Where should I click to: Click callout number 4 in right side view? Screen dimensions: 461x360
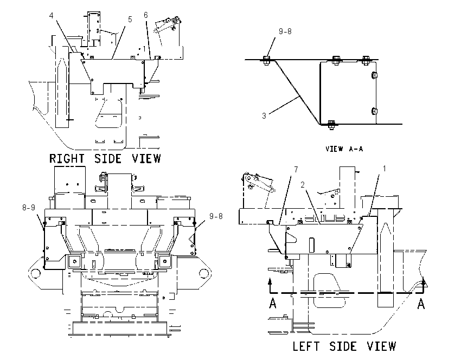tap(52, 16)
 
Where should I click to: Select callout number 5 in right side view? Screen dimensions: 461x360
tap(130, 20)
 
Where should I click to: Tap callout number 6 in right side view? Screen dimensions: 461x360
tap(146, 15)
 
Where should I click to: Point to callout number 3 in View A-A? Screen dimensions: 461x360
tap(264, 116)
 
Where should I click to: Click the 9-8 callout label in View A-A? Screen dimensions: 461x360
tap(285, 31)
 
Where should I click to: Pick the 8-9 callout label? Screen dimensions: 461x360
tap(29, 208)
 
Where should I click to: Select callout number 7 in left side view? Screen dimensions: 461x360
tap(296, 170)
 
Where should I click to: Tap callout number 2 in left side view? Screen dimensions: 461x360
tap(303, 185)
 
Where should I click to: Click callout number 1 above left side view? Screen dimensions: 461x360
tap(384, 169)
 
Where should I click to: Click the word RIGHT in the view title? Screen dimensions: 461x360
tap(67, 159)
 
